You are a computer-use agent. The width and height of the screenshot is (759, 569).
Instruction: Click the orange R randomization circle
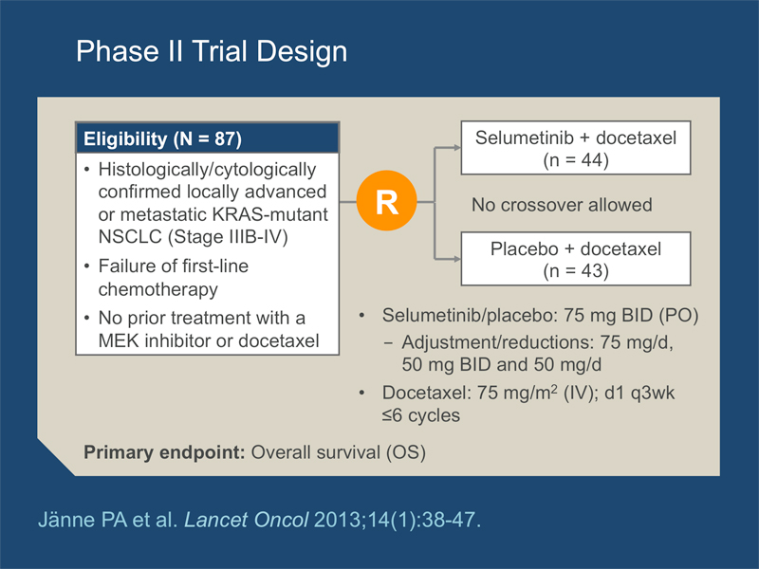click(386, 200)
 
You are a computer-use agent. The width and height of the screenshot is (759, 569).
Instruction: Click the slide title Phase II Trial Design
click(212, 51)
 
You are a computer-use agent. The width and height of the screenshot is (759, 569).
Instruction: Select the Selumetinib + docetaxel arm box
click(576, 148)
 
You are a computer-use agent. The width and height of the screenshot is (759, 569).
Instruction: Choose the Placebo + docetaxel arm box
click(576, 259)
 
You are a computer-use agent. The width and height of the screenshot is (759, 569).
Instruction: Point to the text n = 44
click(576, 160)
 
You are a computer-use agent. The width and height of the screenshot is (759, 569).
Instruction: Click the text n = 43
click(576, 271)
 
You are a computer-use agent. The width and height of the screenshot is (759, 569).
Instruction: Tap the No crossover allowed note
click(562, 205)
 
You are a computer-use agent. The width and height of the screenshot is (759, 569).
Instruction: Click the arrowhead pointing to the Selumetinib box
click(456, 148)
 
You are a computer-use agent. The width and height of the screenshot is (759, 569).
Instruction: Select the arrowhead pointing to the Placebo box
click(456, 259)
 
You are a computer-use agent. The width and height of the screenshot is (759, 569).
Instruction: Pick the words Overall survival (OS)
click(339, 452)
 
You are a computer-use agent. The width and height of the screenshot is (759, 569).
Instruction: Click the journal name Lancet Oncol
click(247, 520)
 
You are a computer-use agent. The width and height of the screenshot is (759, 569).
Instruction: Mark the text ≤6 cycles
click(420, 415)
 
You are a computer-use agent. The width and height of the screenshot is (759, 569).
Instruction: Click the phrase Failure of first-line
click(174, 266)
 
